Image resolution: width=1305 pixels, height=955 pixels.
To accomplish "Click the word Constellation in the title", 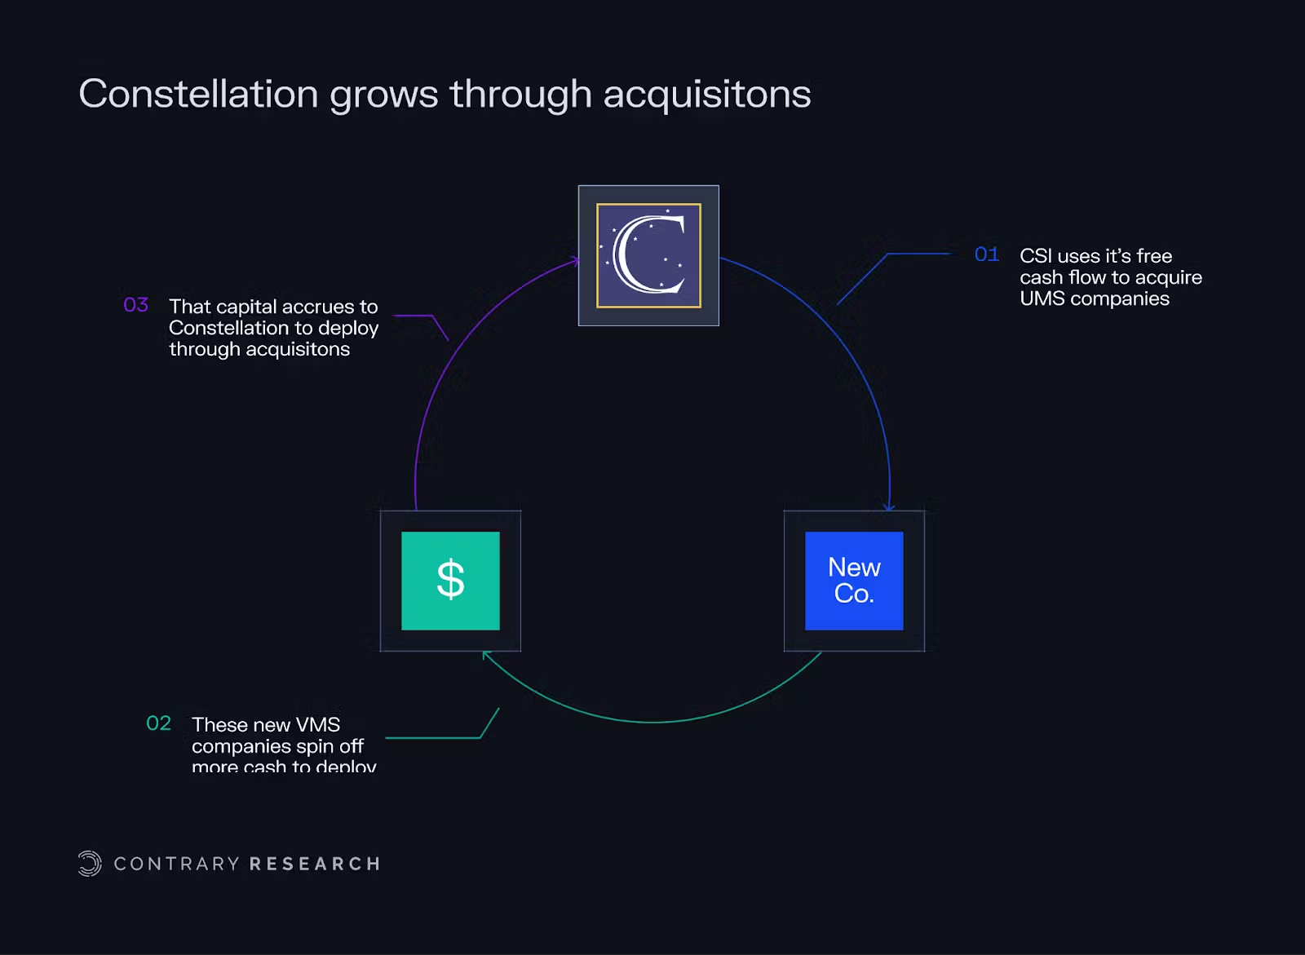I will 198,94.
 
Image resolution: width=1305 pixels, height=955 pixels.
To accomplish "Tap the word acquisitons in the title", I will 706,95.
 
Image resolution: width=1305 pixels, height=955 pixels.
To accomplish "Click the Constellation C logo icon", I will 648,255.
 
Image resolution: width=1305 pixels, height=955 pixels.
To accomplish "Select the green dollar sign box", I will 450,581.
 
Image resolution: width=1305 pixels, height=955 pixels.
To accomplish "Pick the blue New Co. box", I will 854,581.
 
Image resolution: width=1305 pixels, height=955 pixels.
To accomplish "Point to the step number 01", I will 987,254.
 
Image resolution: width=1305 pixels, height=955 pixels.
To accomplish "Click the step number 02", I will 158,723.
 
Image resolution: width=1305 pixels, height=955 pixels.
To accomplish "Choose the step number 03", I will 135,305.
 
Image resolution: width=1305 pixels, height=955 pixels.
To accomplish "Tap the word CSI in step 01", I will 1036,256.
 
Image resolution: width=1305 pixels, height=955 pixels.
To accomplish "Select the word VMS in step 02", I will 318,725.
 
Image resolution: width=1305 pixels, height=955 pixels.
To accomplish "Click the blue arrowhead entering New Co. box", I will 889,507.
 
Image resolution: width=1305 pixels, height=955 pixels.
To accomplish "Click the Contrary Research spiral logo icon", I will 90,864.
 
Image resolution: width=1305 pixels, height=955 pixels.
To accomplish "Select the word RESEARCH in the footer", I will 315,864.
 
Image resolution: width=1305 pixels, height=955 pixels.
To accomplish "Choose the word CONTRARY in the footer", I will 177,864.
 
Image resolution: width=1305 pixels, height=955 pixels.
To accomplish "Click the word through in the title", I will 520,95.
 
